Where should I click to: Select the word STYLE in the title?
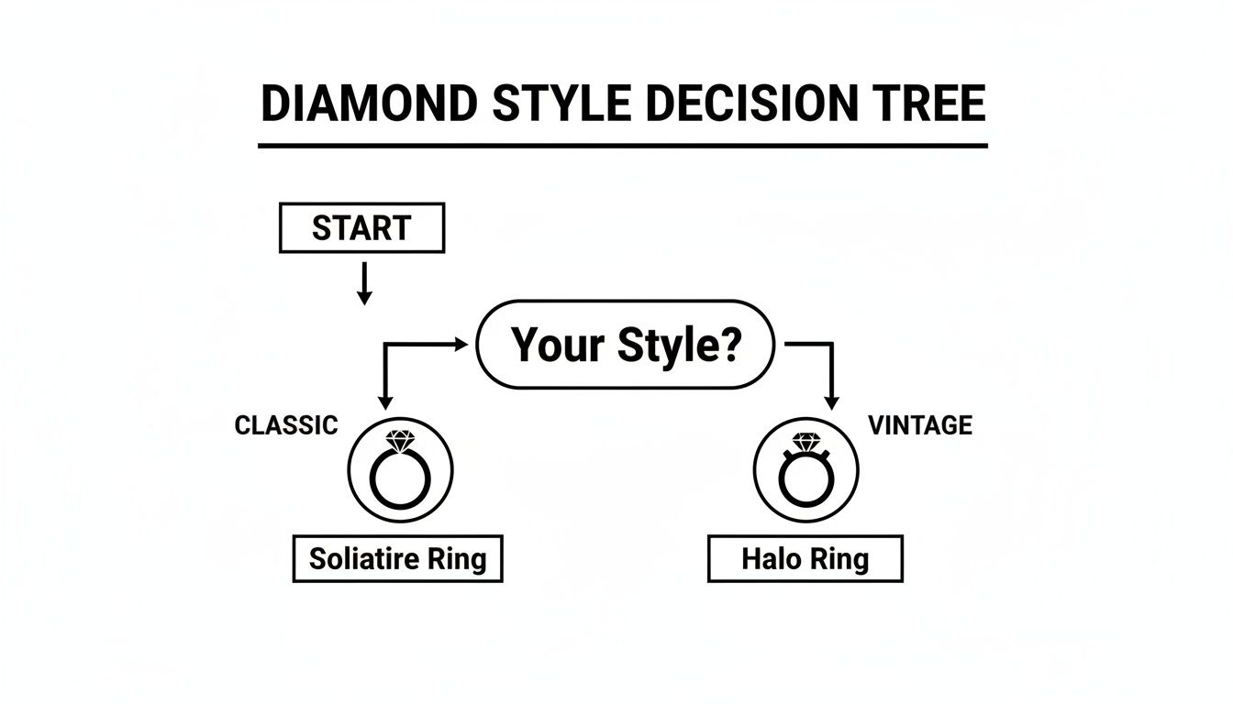pos(561,104)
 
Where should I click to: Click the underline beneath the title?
pos(622,145)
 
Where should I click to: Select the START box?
pos(361,228)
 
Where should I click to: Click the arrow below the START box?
pos(364,283)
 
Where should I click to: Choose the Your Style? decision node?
pos(626,345)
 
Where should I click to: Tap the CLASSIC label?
pos(286,425)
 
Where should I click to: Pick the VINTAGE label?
pos(919,425)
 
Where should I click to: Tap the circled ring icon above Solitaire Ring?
pos(401,471)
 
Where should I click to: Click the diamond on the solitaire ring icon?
pos(401,442)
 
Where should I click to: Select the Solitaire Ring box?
pos(397,558)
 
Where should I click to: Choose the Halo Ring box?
pos(805,559)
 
